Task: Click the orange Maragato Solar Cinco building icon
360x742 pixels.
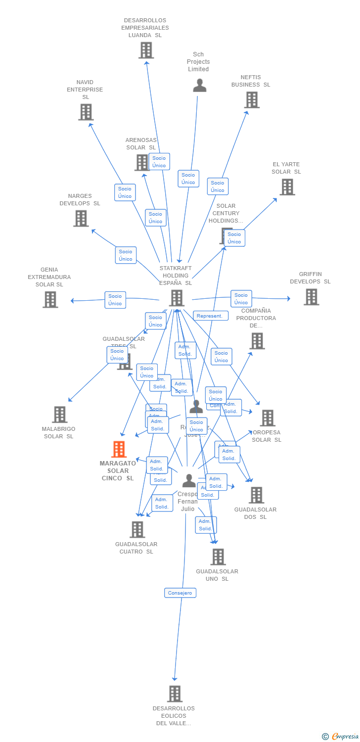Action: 119,449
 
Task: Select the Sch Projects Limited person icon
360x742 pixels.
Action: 199,86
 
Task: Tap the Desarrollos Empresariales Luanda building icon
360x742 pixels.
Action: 146,50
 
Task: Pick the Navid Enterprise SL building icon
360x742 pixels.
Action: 86,112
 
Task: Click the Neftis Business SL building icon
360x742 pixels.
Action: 252,100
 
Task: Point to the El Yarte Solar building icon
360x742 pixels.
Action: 287,187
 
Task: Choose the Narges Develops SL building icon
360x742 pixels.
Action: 81,219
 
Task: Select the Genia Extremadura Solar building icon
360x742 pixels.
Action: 50,300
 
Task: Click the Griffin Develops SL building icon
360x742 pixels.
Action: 311,297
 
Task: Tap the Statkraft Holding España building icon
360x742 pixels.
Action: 177,298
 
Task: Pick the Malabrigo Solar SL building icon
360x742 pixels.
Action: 59,415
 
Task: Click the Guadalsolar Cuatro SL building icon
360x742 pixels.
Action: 137,530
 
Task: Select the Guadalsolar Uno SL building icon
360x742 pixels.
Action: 218,557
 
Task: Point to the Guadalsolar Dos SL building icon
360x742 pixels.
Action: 256,495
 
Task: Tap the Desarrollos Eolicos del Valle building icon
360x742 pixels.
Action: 175,694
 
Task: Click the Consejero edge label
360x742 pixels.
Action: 180,593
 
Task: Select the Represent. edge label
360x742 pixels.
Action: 211,316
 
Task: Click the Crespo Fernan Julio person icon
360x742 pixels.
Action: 189,480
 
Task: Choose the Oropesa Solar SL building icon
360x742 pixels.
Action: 268,418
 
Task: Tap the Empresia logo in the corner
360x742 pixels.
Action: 341,737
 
